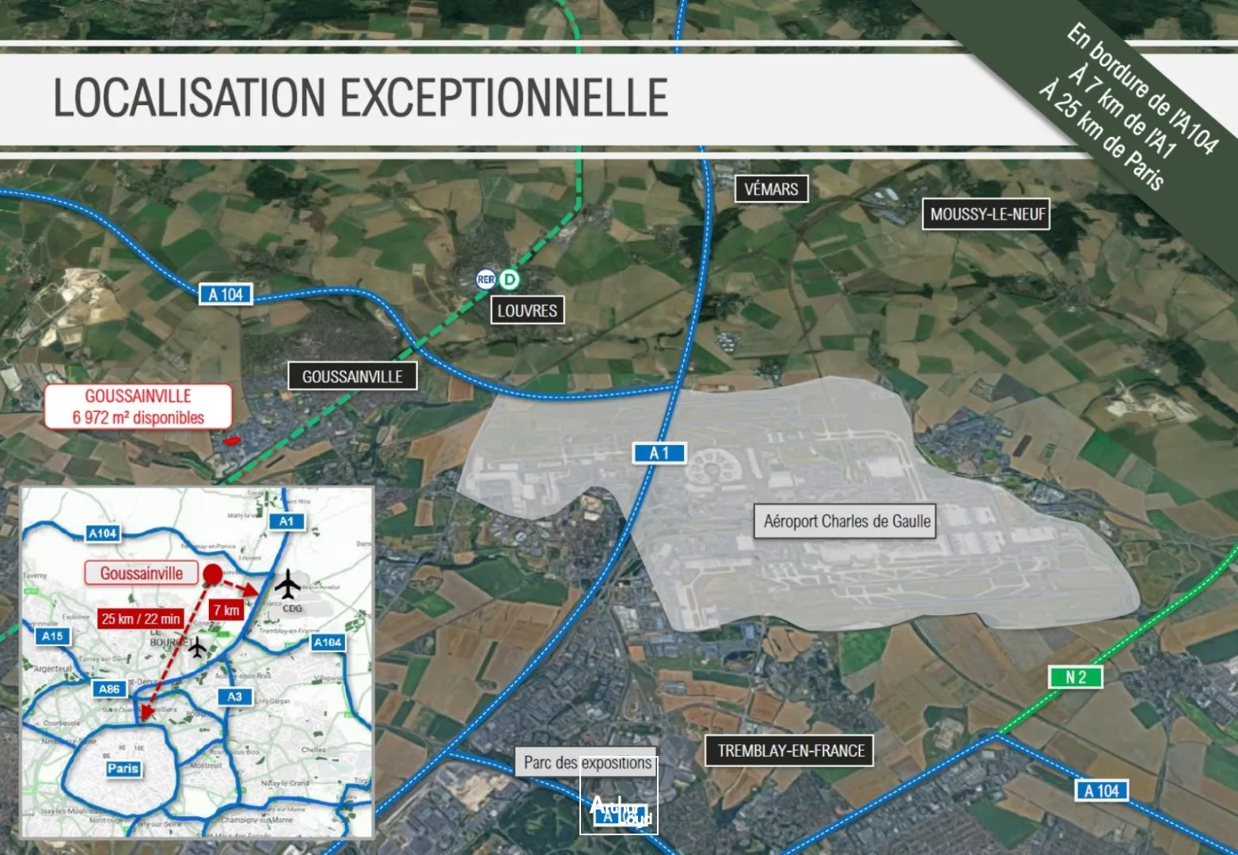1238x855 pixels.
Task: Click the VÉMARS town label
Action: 771,189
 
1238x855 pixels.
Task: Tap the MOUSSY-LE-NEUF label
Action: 986,215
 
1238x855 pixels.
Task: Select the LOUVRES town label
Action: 527,310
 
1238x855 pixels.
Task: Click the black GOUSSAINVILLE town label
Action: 352,377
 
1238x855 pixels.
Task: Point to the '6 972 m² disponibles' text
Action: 139,418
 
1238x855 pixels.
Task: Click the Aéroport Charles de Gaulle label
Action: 846,522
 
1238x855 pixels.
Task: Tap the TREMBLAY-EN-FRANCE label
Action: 790,750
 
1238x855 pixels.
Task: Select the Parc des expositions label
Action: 587,762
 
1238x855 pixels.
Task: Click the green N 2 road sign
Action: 1075,678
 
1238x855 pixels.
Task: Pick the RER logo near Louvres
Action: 485,279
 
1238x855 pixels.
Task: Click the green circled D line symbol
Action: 510,279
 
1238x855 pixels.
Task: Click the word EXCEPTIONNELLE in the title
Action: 504,98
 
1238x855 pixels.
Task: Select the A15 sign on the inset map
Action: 52,636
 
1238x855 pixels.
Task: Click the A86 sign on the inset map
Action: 109,689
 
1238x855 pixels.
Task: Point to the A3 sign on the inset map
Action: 234,697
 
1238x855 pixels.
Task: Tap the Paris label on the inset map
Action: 123,769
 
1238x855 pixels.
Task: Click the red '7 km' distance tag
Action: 226,610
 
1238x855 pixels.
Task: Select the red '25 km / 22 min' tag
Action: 141,618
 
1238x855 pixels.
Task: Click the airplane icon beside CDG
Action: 288,585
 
